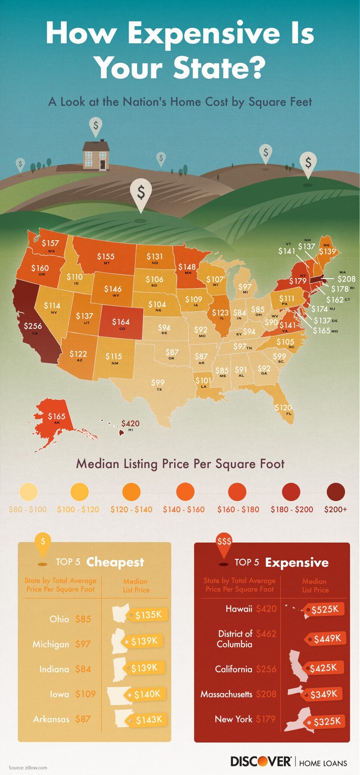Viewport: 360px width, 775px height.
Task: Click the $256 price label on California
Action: pos(33,326)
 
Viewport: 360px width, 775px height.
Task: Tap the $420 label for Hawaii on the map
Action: pos(130,423)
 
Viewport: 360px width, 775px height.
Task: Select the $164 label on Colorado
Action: pos(121,322)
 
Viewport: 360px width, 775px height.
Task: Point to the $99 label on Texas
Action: pos(158,382)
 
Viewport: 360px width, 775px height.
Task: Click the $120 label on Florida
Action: pos(283,407)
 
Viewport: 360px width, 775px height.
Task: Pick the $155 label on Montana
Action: pos(106,257)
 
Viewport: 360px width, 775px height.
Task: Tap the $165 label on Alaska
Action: pos(56,416)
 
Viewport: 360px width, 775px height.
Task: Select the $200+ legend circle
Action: pos(335,492)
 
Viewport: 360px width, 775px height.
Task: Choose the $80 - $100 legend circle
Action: pos(28,492)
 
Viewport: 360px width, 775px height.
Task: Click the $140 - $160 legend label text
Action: pos(183,509)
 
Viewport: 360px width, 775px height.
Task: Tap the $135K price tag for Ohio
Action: pos(148,615)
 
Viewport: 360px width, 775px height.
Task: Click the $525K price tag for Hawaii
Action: pos(325,609)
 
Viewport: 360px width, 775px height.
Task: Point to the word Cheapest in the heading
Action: pos(115,562)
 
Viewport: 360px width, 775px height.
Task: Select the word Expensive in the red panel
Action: pos(297,563)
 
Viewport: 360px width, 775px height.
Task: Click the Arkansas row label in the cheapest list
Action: pos(51,719)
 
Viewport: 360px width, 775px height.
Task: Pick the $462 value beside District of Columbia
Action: pos(266,634)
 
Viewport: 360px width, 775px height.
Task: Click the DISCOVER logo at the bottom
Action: pos(261,761)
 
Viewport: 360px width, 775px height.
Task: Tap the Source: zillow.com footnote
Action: pos(28,768)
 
